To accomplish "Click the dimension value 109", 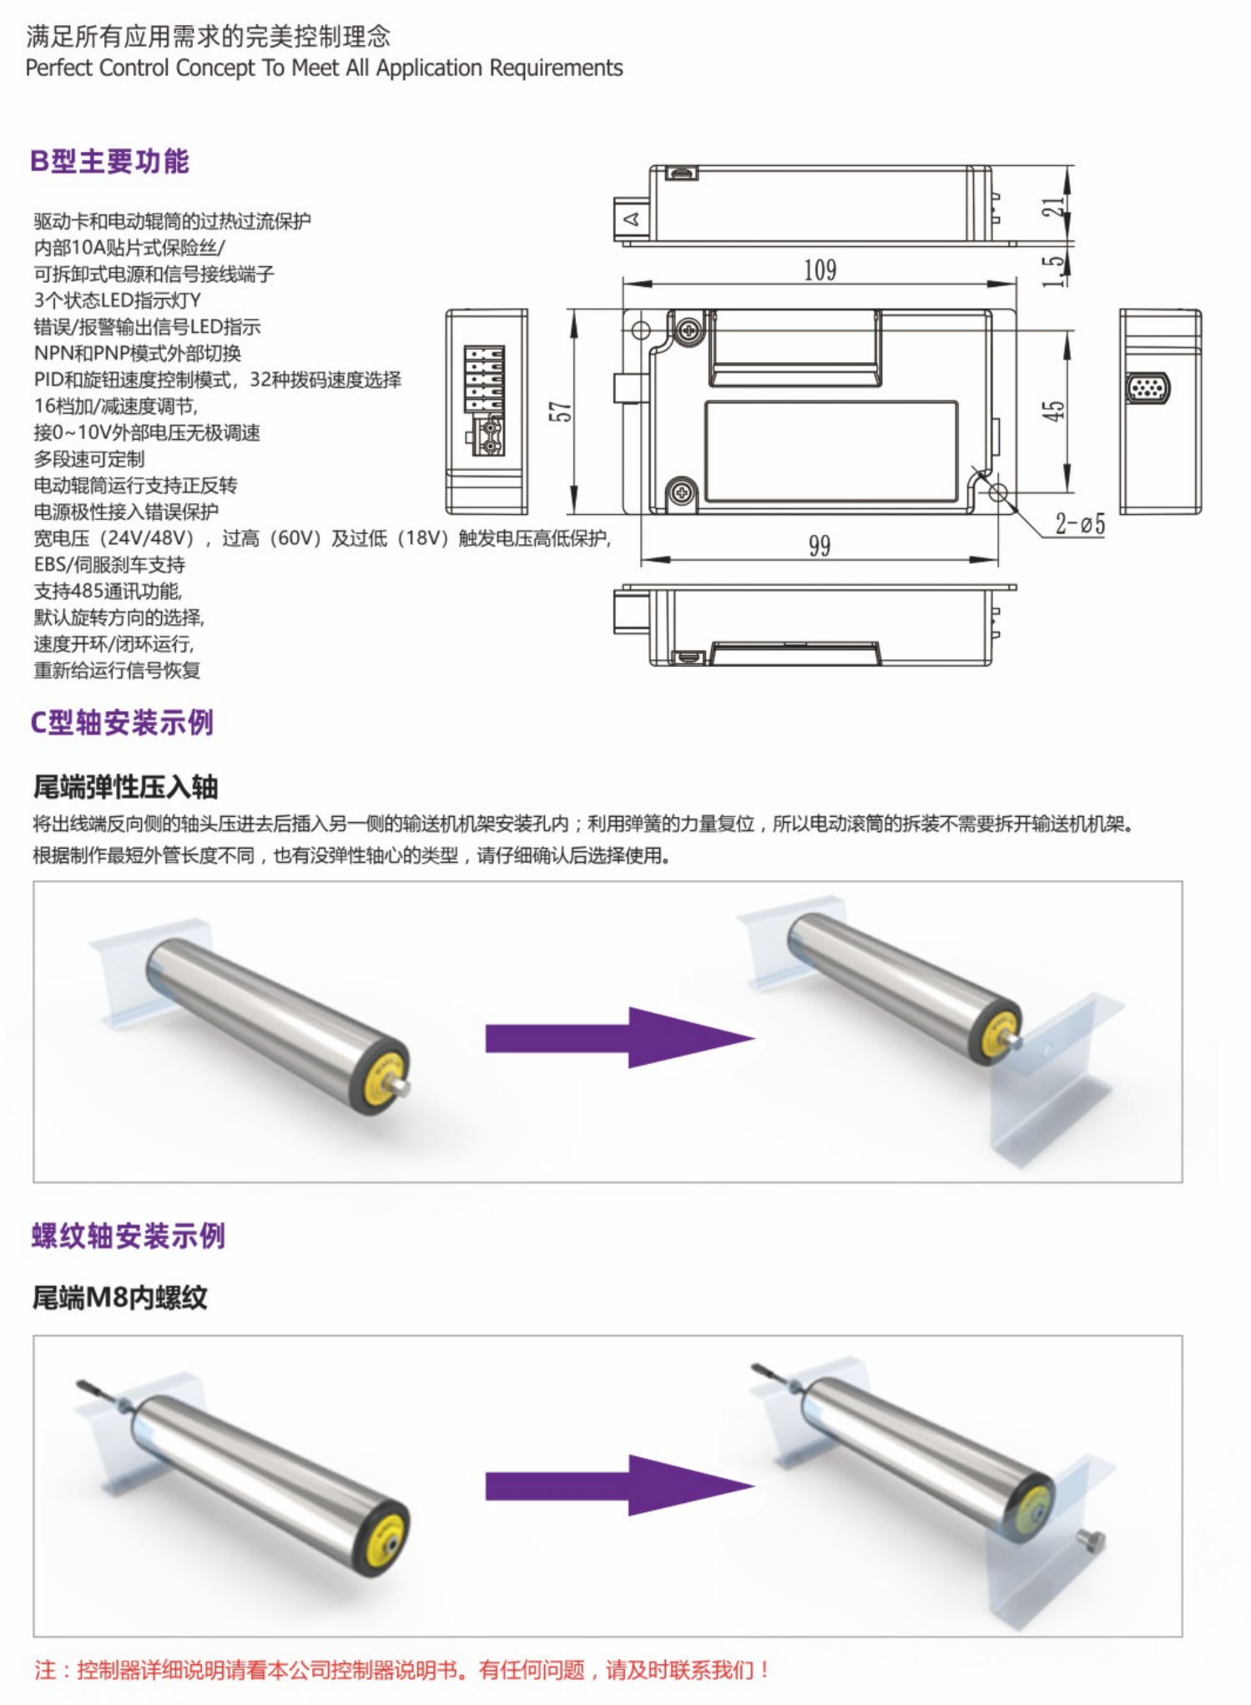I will coord(820,270).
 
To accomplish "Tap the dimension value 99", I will coord(820,546).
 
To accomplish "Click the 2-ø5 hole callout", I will coord(1079,524).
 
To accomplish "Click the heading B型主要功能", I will coord(109,161).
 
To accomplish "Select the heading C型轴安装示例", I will coord(122,723).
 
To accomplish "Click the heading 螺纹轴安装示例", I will coord(129,1236).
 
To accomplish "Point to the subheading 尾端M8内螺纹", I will coord(119,1298).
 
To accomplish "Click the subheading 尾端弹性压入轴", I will coord(125,787).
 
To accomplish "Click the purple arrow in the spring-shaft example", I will coord(618,1038).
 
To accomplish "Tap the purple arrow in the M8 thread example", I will coord(618,1486).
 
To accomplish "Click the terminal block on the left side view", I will coord(485,381).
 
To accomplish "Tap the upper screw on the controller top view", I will coord(689,330).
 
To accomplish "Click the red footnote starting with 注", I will coord(401,1670).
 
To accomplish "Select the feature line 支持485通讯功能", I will coord(108,591).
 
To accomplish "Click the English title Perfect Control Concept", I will coord(324,68).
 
